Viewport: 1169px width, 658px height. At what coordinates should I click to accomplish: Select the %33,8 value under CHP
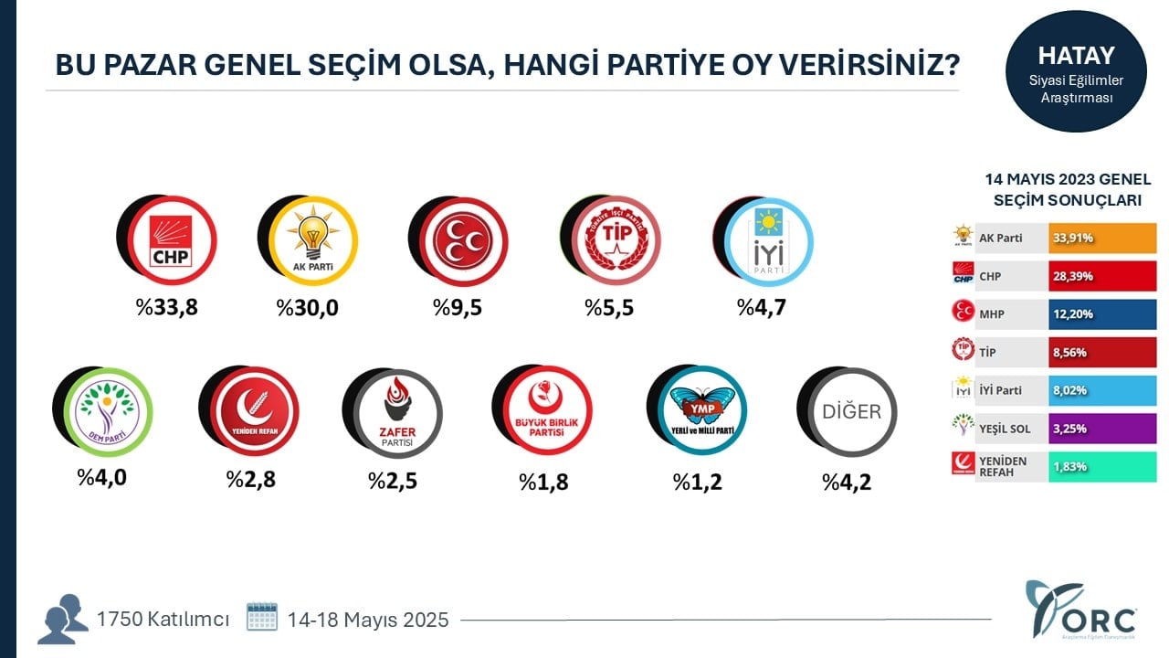pos(167,307)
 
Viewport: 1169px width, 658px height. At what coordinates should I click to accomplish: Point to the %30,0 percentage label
pos(308,307)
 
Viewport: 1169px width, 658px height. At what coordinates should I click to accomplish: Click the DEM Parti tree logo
pos(107,411)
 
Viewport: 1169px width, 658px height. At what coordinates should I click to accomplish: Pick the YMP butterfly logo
pos(701,411)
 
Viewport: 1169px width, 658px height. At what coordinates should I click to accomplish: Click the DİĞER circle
pos(851,412)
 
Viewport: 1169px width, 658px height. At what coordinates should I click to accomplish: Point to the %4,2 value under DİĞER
pos(847,482)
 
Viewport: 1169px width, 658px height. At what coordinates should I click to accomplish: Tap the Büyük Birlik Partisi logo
pos(546,411)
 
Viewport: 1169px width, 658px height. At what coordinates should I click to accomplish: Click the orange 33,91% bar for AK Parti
pos(1102,238)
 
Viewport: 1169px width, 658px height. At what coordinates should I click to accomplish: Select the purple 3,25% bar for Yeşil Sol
pos(1102,428)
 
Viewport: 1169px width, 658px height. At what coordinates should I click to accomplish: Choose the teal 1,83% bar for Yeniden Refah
pos(1102,466)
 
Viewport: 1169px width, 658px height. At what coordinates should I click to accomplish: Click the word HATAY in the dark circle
pos(1077,55)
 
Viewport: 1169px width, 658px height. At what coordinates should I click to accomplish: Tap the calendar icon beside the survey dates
pos(262,617)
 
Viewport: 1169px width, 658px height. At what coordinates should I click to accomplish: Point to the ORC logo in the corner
pos(1081,610)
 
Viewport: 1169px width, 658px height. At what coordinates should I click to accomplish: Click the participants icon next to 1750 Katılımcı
pos(63,619)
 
